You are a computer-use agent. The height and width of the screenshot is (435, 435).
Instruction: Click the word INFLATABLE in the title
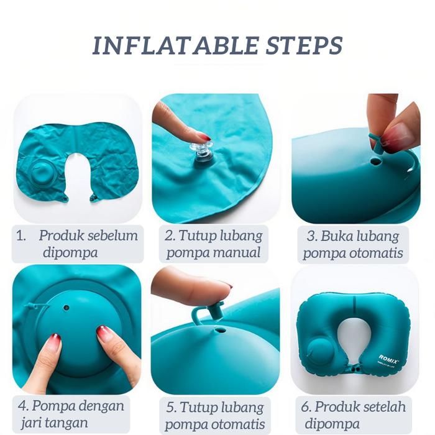point(175,45)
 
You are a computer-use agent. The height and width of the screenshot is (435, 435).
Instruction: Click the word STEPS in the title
point(304,45)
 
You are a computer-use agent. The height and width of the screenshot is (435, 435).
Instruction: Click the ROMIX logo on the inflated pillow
point(388,359)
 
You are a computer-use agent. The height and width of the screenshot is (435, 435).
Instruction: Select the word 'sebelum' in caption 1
point(112,236)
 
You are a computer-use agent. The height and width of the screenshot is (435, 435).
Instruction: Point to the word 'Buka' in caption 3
point(337,236)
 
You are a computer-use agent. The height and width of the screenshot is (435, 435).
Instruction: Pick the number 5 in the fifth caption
point(170,408)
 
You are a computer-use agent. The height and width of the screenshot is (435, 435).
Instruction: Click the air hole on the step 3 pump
point(375,161)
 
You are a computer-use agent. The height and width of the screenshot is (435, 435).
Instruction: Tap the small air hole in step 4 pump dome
point(66,308)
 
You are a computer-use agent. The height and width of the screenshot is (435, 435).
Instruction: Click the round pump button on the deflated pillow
point(41,172)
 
